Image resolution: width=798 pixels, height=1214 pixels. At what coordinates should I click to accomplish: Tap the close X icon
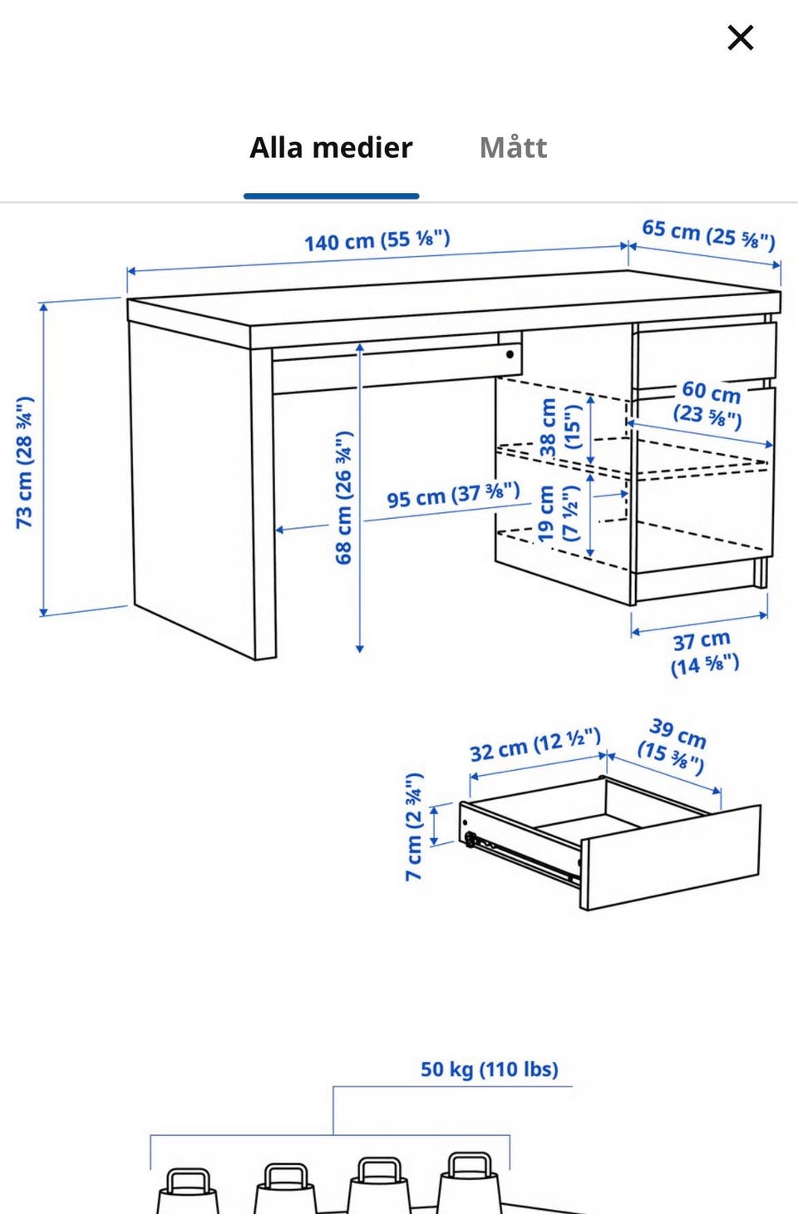pyautogui.click(x=740, y=38)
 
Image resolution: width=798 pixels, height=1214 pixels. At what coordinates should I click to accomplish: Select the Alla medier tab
pyautogui.click(x=331, y=147)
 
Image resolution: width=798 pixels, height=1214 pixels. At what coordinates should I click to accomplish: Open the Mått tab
pyautogui.click(x=513, y=147)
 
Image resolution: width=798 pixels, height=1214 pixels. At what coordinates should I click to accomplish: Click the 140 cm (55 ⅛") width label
pyautogui.click(x=377, y=240)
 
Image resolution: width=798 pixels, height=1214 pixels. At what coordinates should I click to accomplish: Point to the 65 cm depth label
pyautogui.click(x=708, y=234)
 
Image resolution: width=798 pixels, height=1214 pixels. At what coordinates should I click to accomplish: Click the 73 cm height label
pyautogui.click(x=25, y=461)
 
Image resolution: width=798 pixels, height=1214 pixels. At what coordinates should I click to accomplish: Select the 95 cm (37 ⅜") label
pyautogui.click(x=453, y=494)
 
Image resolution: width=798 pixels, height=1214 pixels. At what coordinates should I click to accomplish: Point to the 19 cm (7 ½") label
pyautogui.click(x=558, y=513)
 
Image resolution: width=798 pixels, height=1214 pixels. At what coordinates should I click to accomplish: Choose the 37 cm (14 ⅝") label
pyautogui.click(x=704, y=654)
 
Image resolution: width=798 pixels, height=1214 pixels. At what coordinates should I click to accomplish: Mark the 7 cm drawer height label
pyautogui.click(x=415, y=827)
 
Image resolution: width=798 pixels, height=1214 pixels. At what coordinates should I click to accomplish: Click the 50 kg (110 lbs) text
pyautogui.click(x=490, y=1069)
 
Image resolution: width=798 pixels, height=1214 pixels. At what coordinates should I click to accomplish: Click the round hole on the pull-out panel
pyautogui.click(x=510, y=354)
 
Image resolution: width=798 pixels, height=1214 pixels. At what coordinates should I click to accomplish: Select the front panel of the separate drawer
pyautogui.click(x=671, y=857)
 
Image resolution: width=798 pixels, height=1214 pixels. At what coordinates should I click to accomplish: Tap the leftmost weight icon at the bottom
pyautogui.click(x=187, y=1191)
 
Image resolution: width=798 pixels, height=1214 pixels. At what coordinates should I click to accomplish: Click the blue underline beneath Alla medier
pyautogui.click(x=331, y=196)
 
